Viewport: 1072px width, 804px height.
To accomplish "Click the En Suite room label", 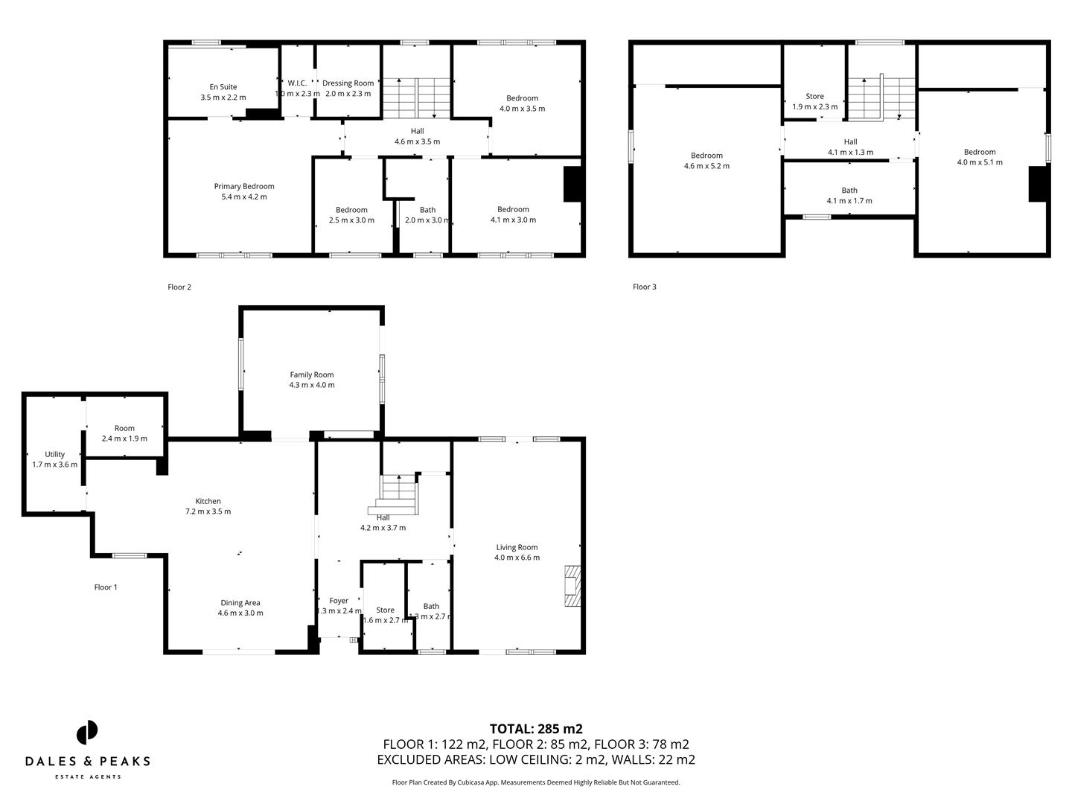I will (x=223, y=87).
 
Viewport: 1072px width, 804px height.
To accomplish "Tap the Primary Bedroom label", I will (x=244, y=187).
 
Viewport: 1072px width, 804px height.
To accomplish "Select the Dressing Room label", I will (x=348, y=83).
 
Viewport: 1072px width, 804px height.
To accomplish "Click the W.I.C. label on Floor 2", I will (x=297, y=83).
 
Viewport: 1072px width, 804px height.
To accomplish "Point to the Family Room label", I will (x=312, y=375).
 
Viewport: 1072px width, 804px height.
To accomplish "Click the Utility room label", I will (x=54, y=454).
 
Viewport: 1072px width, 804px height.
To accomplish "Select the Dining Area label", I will (x=240, y=603).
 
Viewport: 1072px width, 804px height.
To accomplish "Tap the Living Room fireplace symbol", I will (x=571, y=587).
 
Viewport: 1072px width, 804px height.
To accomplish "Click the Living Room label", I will (x=517, y=547).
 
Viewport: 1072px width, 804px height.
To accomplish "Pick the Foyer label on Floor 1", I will (x=339, y=601).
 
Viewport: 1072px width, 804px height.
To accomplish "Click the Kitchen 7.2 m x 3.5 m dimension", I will (x=208, y=511).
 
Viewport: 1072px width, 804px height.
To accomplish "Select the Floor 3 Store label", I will (x=814, y=97).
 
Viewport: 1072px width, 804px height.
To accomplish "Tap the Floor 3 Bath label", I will (x=849, y=191).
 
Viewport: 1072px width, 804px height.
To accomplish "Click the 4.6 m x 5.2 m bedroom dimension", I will (x=706, y=166).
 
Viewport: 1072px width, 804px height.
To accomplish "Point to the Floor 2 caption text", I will (x=179, y=287).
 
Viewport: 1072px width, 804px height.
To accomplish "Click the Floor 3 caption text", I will (x=645, y=287).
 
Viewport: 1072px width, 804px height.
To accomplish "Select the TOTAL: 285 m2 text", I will (x=536, y=729).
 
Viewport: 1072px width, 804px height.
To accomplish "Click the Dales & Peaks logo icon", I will (x=87, y=732).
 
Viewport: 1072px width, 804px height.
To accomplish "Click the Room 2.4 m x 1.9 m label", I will (x=124, y=429).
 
